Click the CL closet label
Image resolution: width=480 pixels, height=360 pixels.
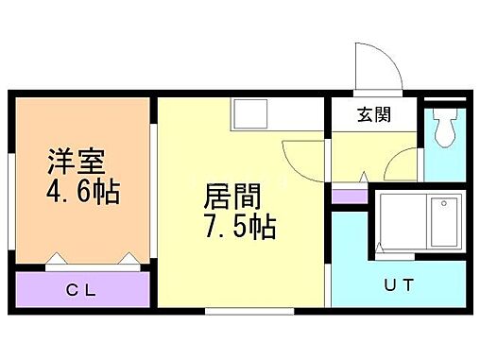pyautogui.click(x=80, y=290)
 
